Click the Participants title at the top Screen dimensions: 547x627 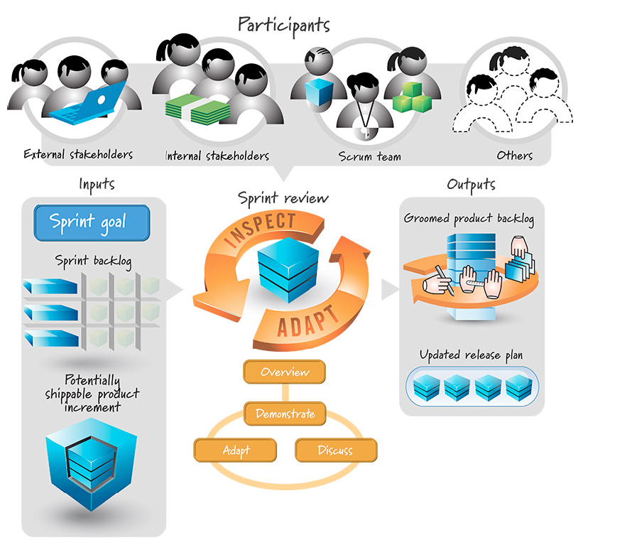[284, 24]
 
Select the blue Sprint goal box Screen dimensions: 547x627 [92, 222]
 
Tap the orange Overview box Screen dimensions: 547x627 [284, 372]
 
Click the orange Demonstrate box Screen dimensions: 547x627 [285, 413]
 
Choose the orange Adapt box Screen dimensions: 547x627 [235, 450]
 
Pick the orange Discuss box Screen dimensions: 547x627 [335, 450]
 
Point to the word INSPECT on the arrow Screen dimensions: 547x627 [260, 229]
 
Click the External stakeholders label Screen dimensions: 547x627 [78, 154]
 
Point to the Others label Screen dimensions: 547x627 [516, 156]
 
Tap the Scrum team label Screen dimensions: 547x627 [369, 156]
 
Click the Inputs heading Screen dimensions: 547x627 [97, 185]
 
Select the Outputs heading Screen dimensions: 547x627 [471, 185]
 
